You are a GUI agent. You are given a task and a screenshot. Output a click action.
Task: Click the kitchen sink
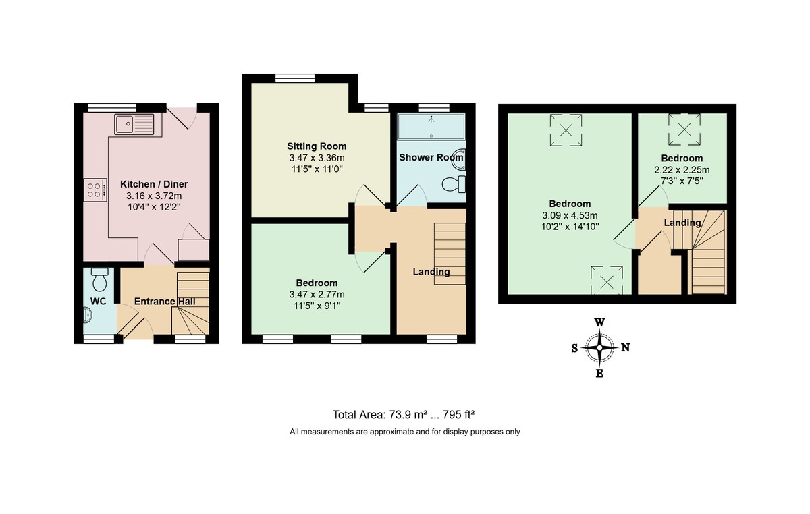[135, 124]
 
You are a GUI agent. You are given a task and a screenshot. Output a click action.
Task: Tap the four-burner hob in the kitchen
[95, 190]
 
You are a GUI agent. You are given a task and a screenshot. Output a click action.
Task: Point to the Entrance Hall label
[165, 302]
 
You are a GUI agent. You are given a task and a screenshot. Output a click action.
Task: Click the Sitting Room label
[317, 146]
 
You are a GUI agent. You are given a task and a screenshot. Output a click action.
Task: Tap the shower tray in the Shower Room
[431, 126]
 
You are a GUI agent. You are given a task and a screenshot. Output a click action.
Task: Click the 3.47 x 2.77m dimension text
[317, 294]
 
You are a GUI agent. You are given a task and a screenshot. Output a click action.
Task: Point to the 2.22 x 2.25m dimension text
[682, 170]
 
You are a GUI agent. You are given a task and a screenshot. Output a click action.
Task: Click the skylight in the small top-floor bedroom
[684, 130]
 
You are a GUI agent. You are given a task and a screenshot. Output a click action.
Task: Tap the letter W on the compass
[599, 322]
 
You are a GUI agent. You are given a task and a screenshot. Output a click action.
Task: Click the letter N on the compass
[625, 348]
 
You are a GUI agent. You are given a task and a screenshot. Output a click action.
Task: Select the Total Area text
[405, 415]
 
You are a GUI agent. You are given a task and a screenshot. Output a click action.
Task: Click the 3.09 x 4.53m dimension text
[570, 215]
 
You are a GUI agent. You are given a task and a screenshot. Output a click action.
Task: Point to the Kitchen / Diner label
[154, 184]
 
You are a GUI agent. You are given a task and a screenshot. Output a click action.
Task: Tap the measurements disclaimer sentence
[405, 432]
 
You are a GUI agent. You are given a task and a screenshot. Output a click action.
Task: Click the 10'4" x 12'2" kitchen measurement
[154, 207]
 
